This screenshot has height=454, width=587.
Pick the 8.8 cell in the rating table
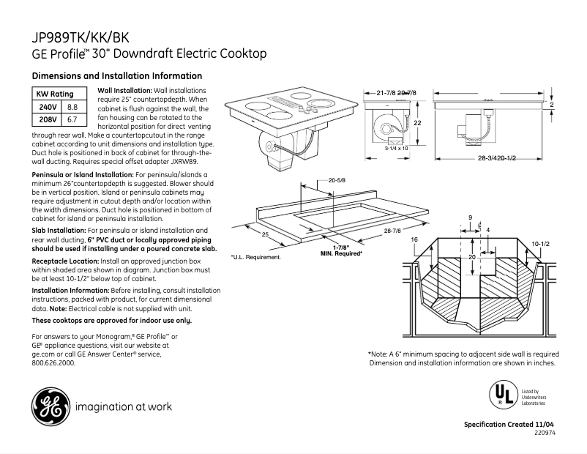pos(72,107)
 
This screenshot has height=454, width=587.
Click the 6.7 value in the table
pos(72,119)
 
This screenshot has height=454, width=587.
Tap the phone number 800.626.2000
pos(54,362)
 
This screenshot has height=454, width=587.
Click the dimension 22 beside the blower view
pos(416,123)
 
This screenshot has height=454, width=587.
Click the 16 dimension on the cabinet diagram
pos(414,240)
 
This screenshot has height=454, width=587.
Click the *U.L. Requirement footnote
pos(255,258)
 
